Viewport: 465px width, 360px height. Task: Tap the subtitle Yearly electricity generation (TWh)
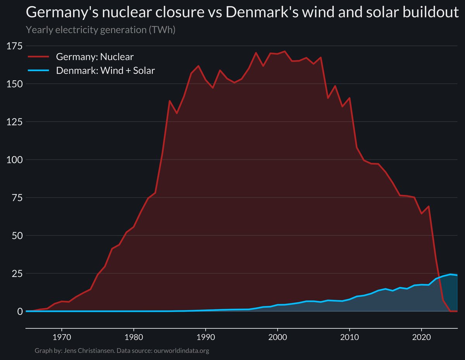(100, 30)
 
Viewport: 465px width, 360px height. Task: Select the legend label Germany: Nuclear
(95, 57)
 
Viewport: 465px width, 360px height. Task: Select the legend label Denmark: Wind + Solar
(105, 71)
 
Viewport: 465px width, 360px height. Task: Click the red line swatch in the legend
(39, 57)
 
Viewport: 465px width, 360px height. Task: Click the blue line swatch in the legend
(39, 71)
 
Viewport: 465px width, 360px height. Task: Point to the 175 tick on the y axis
(15, 46)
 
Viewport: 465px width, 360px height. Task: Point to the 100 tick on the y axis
(15, 160)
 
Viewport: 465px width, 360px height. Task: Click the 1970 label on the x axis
(62, 336)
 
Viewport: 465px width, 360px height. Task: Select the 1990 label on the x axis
(205, 336)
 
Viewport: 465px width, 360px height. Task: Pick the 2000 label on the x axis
(277, 336)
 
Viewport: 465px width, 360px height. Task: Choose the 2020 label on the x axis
(422, 336)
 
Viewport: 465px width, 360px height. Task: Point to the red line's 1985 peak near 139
(170, 101)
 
